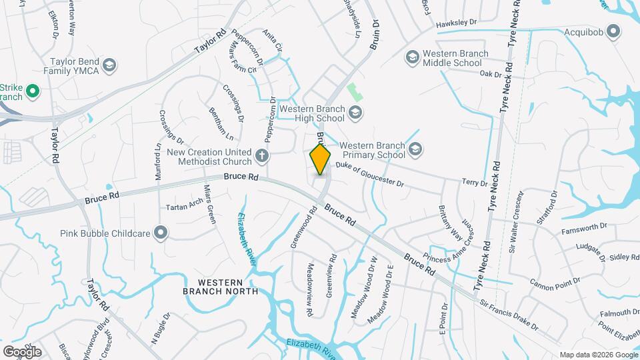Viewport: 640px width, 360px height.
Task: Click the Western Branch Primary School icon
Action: coord(416,149)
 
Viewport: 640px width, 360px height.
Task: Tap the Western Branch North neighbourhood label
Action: coord(220,285)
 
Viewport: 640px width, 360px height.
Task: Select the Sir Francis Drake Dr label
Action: coord(509,314)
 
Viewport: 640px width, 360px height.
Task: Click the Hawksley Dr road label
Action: coord(457,23)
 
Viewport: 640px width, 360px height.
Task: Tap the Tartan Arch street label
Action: coord(184,205)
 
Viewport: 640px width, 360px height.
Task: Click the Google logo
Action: coord(22,351)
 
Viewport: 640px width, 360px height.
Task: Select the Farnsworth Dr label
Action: coord(584,234)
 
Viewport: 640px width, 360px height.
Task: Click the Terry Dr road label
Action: coord(475,182)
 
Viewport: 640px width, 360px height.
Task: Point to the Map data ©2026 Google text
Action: coord(599,355)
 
